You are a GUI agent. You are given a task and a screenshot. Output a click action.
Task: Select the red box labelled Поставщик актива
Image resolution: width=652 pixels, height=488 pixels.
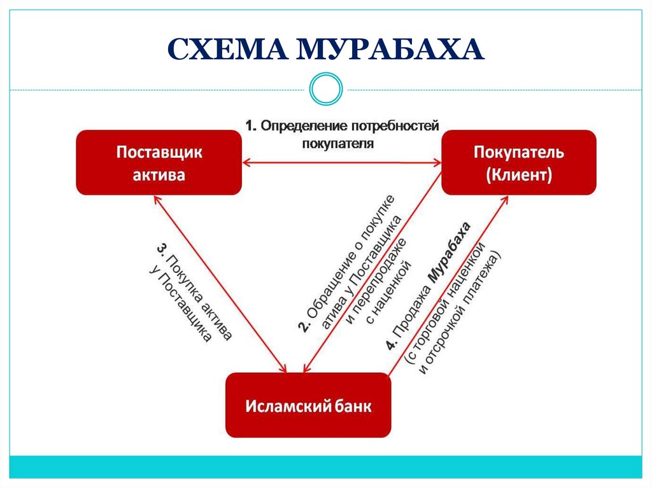click(x=159, y=163)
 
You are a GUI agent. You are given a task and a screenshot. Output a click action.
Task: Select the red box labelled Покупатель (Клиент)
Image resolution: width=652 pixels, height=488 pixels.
click(x=519, y=162)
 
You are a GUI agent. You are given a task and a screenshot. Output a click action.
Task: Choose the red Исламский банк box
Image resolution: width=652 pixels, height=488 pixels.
click(x=308, y=405)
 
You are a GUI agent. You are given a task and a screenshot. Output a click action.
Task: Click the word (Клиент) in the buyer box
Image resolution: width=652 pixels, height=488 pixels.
click(x=519, y=174)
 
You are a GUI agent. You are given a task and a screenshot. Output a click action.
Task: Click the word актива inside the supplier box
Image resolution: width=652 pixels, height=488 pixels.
click(x=159, y=174)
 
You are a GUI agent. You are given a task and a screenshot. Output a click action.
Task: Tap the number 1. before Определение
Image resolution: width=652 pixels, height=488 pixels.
click(x=252, y=126)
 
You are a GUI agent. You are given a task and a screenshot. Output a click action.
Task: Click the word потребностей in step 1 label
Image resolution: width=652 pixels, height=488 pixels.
click(x=397, y=126)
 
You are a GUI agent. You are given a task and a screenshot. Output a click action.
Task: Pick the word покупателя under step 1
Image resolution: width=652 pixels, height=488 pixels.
click(x=337, y=143)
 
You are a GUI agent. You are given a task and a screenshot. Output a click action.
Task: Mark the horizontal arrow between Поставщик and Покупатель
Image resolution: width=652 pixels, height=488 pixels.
click(x=342, y=164)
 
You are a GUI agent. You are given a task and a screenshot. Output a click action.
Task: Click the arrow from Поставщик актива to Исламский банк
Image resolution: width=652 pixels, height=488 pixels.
click(x=220, y=283)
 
